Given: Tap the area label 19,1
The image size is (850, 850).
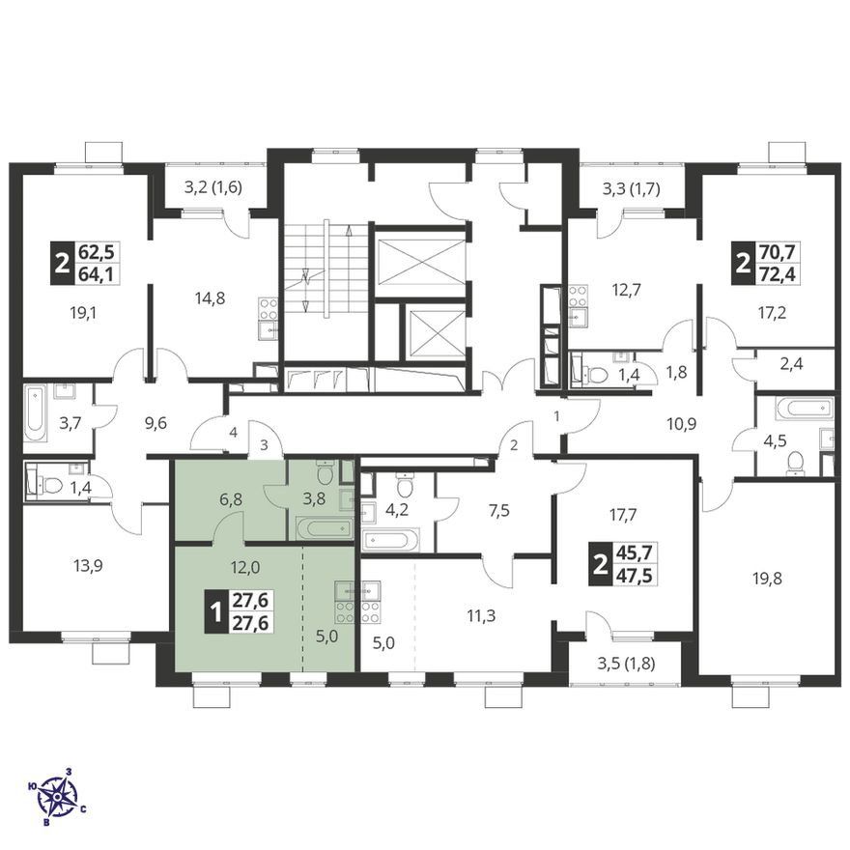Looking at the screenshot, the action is (x=83, y=313).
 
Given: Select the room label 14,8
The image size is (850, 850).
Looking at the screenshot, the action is (x=211, y=297).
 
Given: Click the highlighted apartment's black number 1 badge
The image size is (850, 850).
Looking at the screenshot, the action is (x=215, y=613).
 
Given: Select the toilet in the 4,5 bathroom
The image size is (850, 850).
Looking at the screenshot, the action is (x=795, y=464).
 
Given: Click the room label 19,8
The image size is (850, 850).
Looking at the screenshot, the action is (x=766, y=579).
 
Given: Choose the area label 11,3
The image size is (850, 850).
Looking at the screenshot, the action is (x=480, y=616).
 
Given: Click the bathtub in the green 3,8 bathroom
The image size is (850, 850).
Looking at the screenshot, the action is (x=325, y=528).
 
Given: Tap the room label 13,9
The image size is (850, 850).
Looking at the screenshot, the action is (x=88, y=566).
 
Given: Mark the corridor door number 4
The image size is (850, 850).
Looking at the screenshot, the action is (x=233, y=433).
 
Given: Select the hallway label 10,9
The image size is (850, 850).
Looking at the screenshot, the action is (x=681, y=423).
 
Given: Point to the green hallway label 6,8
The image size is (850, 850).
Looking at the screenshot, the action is (x=230, y=499).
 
